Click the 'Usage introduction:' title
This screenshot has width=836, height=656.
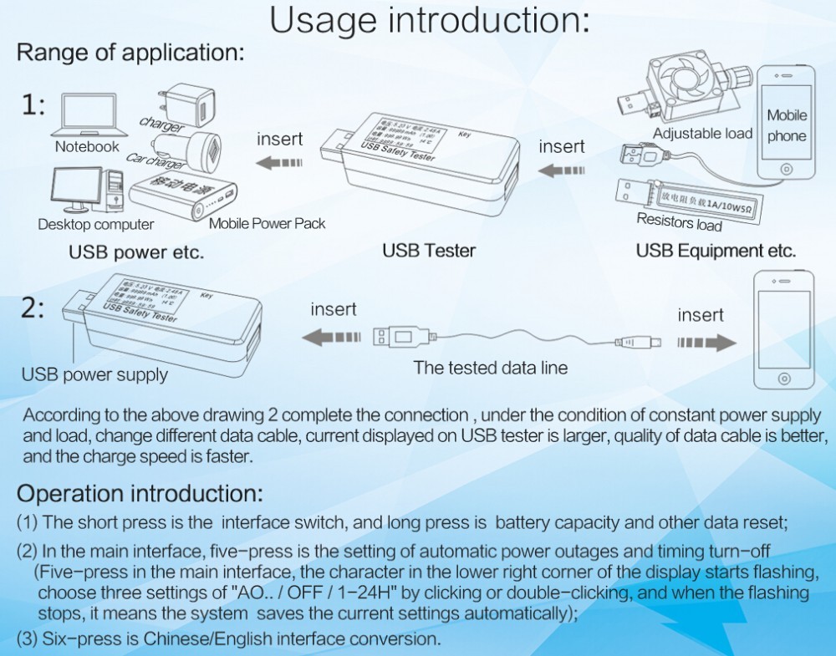pyautogui.click(x=430, y=21)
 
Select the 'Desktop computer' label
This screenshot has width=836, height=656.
pyautogui.click(x=95, y=224)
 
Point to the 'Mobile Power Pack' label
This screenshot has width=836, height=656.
pyautogui.click(x=267, y=223)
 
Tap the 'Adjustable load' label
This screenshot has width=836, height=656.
pyautogui.click(x=702, y=134)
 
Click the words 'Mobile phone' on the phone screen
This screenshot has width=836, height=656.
pyautogui.click(x=787, y=125)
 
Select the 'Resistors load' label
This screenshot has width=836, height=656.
pyautogui.click(x=679, y=222)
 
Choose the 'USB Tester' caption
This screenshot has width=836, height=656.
pyautogui.click(x=429, y=250)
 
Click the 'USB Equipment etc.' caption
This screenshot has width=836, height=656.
pyautogui.click(x=716, y=251)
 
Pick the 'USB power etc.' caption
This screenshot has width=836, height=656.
pyautogui.click(x=136, y=252)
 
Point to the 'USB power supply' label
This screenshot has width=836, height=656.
pyautogui.click(x=94, y=374)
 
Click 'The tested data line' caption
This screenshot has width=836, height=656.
pyautogui.click(x=490, y=368)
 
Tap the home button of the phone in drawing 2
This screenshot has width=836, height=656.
pyautogui.click(x=784, y=375)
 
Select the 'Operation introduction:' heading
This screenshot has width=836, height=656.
pyautogui.click(x=140, y=492)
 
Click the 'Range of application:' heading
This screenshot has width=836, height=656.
pyautogui.click(x=130, y=53)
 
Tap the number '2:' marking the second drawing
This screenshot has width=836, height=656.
pyautogui.click(x=33, y=308)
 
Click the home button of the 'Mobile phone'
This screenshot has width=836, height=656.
pyautogui.click(x=786, y=170)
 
